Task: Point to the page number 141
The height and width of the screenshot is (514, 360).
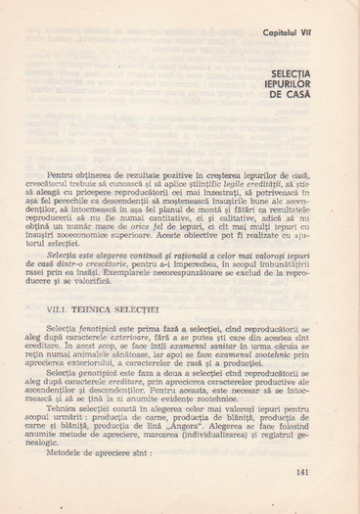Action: pos(300,473)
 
